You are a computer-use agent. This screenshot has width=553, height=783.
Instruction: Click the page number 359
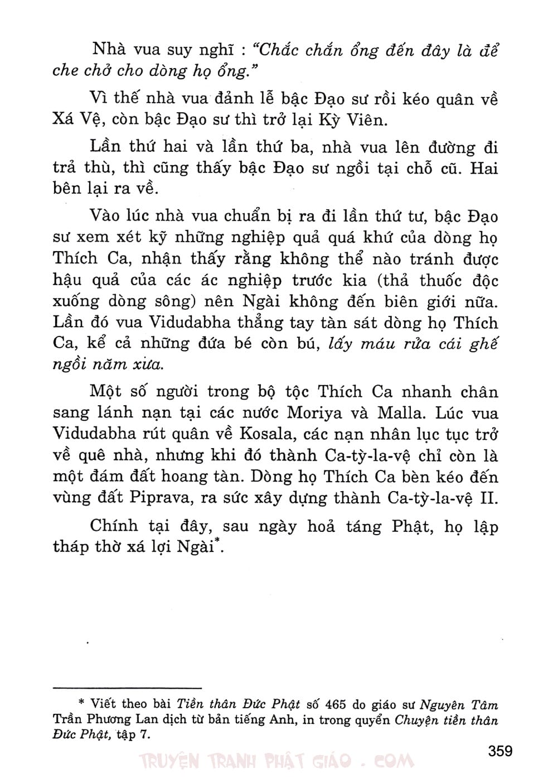(x=500, y=751)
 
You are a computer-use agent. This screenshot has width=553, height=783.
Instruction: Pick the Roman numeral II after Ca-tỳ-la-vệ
(x=489, y=498)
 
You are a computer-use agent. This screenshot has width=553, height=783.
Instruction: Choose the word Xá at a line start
(x=64, y=120)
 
